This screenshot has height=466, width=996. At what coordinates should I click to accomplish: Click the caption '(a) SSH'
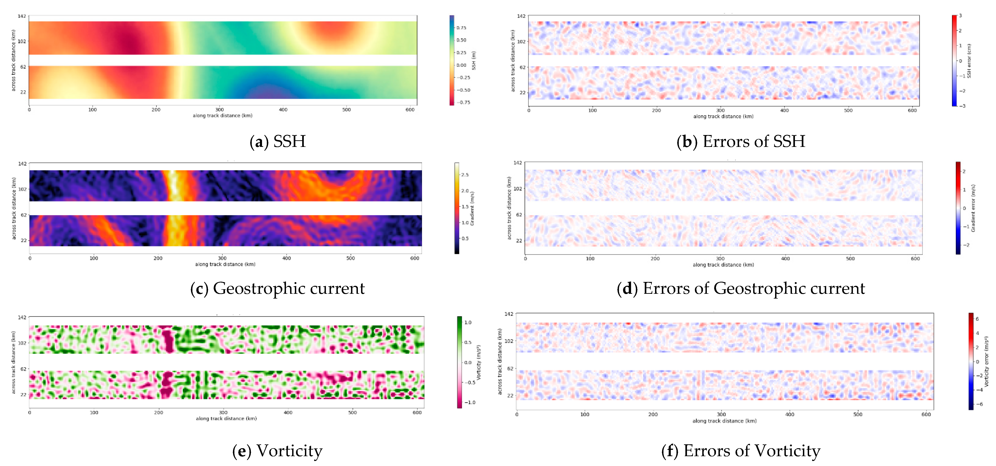(278, 141)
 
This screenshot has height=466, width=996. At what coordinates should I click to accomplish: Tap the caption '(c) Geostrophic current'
(277, 288)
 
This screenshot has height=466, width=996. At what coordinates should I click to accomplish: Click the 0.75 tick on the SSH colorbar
(461, 28)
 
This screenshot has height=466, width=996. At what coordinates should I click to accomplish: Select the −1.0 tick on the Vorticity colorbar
(469, 402)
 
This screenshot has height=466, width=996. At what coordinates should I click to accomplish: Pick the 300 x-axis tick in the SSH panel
(219, 110)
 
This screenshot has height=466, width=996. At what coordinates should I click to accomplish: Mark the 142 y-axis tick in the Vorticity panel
(22, 317)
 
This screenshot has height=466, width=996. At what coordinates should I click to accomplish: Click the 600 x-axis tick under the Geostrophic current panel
(414, 258)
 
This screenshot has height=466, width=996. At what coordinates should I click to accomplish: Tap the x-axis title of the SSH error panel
(723, 116)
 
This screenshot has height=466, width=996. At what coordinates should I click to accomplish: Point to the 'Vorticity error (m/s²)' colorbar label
(986, 361)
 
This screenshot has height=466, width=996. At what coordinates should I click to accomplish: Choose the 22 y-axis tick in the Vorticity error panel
(510, 396)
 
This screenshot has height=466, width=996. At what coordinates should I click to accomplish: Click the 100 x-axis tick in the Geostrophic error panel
(590, 258)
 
